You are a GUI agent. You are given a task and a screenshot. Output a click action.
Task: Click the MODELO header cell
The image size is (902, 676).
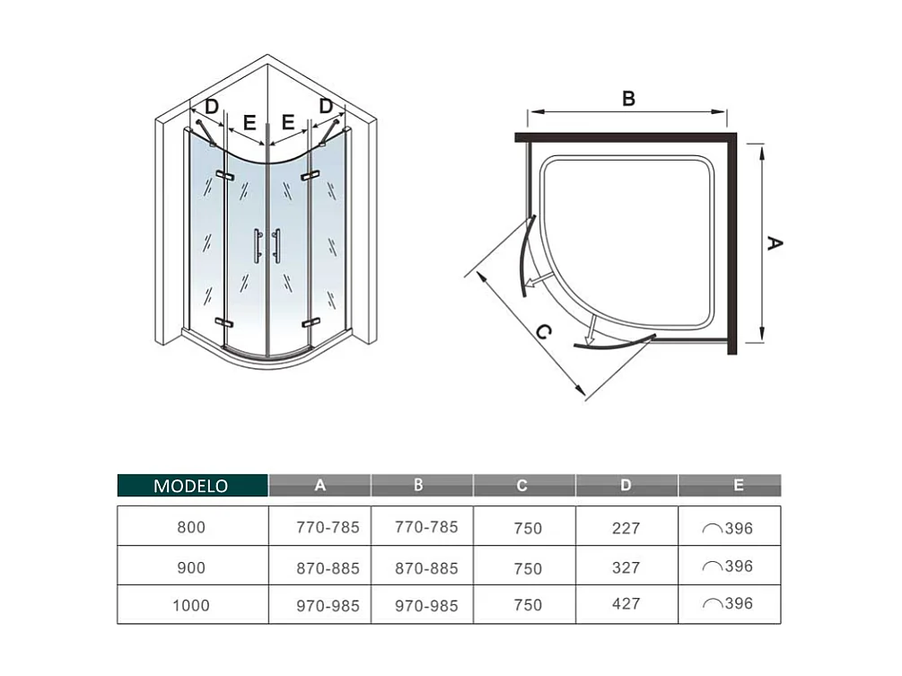click(191, 486)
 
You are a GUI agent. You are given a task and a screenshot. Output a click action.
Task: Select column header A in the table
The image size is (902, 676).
click(320, 486)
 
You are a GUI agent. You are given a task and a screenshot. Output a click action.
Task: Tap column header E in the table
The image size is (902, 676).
click(738, 486)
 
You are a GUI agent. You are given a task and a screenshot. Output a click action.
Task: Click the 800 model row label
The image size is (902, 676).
click(191, 527)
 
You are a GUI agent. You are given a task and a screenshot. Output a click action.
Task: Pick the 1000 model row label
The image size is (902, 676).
click(191, 604)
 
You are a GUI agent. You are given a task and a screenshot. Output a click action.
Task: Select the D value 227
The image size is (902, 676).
click(626, 527)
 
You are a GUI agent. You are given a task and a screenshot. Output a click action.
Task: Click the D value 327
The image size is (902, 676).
click(626, 566)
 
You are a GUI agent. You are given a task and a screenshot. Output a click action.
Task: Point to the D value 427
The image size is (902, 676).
click(626, 604)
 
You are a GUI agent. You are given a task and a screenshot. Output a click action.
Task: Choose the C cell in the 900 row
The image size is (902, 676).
click(528, 567)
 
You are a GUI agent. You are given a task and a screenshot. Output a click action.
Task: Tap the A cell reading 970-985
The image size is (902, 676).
click(328, 604)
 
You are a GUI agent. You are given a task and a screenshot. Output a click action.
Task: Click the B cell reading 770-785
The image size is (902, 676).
click(426, 527)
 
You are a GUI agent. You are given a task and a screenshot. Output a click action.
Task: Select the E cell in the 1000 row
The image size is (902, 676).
click(728, 604)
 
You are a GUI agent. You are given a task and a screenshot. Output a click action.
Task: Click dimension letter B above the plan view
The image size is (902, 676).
click(628, 99)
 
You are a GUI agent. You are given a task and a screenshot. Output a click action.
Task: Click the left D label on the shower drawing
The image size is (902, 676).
click(212, 107)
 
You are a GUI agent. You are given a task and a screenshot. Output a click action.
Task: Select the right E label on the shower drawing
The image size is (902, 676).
click(289, 121)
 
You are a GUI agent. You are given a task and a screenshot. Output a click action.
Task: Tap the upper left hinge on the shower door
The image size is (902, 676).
click(223, 174)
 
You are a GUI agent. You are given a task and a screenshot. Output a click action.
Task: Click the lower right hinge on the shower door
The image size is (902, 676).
click(311, 321)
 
